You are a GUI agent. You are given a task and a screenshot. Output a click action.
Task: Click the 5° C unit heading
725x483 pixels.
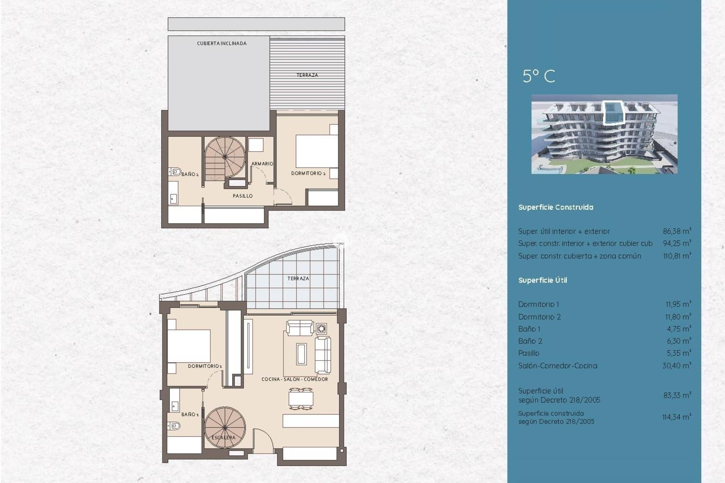click(539, 76)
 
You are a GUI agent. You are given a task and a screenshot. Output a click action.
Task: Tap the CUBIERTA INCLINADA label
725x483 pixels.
click(222, 43)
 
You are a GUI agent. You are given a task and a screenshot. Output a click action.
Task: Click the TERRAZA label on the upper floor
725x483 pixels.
click(307, 75)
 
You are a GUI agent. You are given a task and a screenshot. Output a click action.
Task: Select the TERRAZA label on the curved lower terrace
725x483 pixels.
click(298, 278)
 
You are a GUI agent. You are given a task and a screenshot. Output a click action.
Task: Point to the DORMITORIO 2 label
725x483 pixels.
click(308, 173)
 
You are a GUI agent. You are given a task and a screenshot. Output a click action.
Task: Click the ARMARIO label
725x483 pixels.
click(262, 163)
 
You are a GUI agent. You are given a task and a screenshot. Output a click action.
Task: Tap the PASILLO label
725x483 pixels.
click(242, 196)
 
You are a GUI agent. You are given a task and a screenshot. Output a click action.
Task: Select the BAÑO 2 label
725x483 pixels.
click(190, 174)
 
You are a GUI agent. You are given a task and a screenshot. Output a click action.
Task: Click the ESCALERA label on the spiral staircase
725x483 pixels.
click(224, 437)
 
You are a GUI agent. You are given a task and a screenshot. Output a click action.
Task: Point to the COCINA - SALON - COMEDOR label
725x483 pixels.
click(295, 379)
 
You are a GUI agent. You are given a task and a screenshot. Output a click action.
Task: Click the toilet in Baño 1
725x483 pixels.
click(174, 426)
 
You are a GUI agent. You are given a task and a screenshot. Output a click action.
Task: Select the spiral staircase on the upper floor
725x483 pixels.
click(225, 157)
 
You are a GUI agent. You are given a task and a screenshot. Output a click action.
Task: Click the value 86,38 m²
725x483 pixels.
click(677, 231)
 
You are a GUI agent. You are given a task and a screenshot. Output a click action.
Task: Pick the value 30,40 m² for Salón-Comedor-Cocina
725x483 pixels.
click(676, 365)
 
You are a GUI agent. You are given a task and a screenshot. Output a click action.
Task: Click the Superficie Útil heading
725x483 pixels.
click(542, 280)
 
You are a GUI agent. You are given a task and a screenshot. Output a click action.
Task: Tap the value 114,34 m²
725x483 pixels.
click(676, 417)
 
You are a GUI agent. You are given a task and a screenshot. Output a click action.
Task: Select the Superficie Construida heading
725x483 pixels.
click(555, 207)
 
